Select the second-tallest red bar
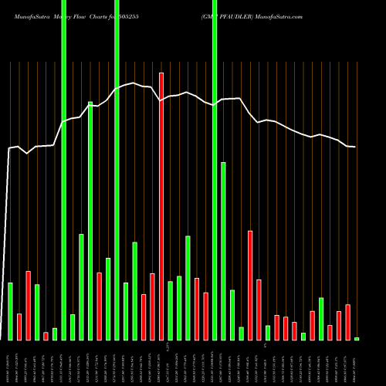pyautogui.click(x=250, y=285)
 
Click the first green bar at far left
pyautogui.click(x=11, y=311)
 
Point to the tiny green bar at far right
pyautogui.click(x=357, y=339)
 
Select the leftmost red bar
pyautogui.click(x=19, y=327)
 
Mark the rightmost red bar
pyautogui.click(x=348, y=322)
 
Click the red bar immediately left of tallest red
pyautogui.click(x=152, y=306)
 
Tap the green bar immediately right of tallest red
pyautogui.click(x=170, y=310)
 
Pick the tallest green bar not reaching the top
pyautogui.click(x=90, y=220)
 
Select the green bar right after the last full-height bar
pyautogui.click(x=223, y=251)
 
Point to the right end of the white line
pyautogui.click(x=355, y=147)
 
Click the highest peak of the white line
pyautogui.click(x=134, y=83)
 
